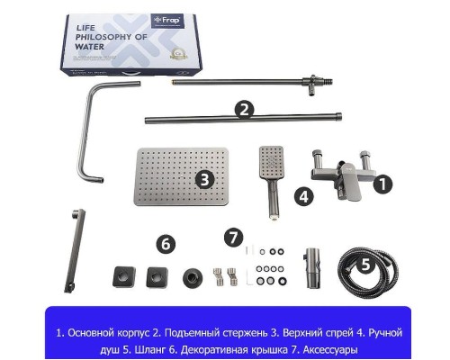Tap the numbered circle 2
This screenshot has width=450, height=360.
[242, 110]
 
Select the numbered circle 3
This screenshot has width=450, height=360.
[205, 178]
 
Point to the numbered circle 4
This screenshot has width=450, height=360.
[304, 195]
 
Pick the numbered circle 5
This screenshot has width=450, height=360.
[364, 265]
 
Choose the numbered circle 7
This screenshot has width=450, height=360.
[234, 238]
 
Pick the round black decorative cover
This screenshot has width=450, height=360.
[193, 275]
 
